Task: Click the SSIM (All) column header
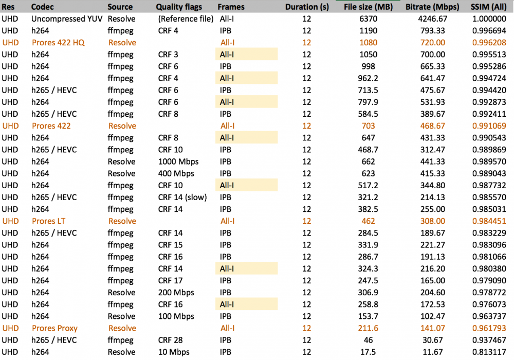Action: point(488,7)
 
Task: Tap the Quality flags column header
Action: point(179,7)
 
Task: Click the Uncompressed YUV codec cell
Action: point(66,19)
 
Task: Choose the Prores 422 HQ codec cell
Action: point(58,43)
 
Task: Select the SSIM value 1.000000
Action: point(489,19)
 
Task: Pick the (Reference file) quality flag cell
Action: point(186,19)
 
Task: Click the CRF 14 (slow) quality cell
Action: point(183,197)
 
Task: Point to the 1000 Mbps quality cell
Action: point(178,161)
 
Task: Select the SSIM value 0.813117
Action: point(489,352)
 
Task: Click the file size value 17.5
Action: point(369,352)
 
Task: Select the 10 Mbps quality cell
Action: point(174,352)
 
